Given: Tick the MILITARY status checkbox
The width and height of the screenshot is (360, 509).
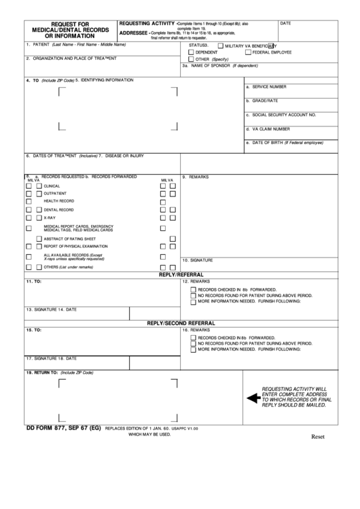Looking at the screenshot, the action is (x=219, y=46).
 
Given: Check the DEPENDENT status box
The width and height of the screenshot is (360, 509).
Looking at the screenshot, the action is (x=192, y=52).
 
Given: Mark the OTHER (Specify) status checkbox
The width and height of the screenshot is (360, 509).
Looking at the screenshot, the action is (x=192, y=59).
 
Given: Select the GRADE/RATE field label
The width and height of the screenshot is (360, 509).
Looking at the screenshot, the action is (x=264, y=101).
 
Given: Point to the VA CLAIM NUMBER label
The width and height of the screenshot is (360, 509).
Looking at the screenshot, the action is (x=270, y=128).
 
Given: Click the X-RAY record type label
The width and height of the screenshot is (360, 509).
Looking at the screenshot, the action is (x=50, y=218).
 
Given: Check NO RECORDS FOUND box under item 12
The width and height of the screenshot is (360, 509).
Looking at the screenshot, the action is (x=194, y=296).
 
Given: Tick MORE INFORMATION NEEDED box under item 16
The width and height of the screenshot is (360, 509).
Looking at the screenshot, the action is (x=194, y=349).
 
